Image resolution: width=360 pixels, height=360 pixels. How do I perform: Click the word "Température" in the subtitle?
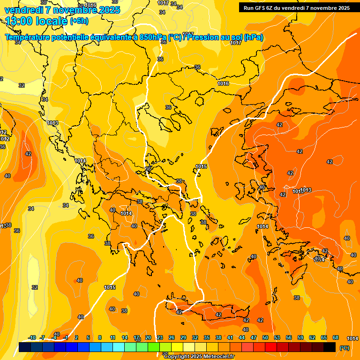click(28, 37)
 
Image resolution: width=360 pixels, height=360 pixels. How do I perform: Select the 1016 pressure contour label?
click(223, 83)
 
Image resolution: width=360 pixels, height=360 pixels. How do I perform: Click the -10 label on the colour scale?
click(32, 337)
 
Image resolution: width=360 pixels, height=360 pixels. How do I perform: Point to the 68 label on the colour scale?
click(336, 337)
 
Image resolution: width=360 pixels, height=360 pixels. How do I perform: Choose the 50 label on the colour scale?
click(265, 337)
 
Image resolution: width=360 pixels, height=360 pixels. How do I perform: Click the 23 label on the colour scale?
click(159, 337)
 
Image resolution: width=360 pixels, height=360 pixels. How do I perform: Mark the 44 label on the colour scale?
click(242, 337)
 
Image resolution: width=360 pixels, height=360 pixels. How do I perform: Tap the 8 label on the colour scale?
click(100, 337)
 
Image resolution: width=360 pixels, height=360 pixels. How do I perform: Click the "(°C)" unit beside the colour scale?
click(345, 347)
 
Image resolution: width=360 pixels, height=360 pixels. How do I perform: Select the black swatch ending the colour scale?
click(330, 347)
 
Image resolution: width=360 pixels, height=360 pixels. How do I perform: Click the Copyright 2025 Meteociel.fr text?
click(199, 356)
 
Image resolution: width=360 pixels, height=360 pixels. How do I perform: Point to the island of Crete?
click(211, 312)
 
